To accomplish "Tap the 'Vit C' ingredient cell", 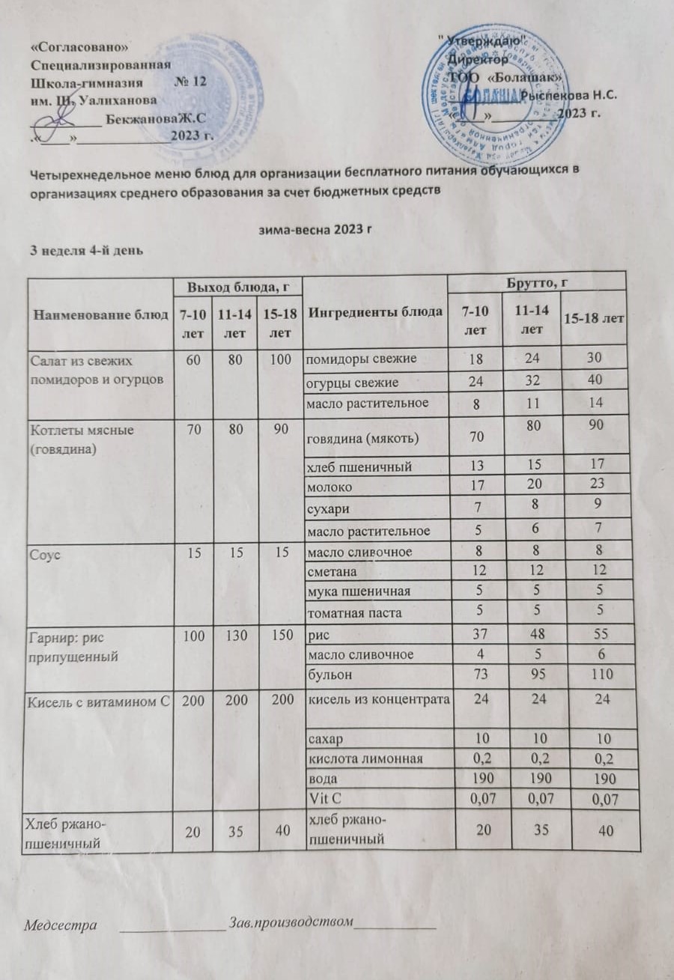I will click(x=323, y=798).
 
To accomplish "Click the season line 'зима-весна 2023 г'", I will click(x=315, y=228).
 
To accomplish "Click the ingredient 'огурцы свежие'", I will click(x=351, y=383).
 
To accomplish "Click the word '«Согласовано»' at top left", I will click(x=83, y=47).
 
